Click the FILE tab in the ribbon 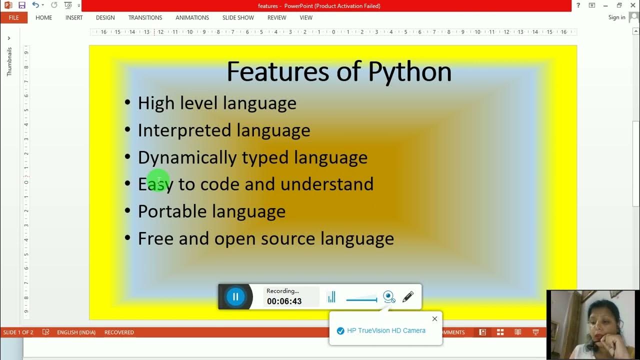click(13, 17)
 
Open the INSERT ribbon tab click(74, 17)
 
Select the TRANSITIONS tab click(145, 17)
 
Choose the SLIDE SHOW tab click(238, 17)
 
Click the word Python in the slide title click(409, 72)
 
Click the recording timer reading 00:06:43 click(284, 301)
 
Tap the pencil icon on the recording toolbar click(408, 297)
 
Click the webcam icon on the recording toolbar click(389, 297)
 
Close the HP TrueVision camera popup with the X click(434, 318)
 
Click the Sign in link click(616, 17)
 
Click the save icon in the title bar click(21, 5)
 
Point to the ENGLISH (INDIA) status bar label click(76, 332)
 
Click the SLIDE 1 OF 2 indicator click(18, 332)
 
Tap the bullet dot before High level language click(127, 103)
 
